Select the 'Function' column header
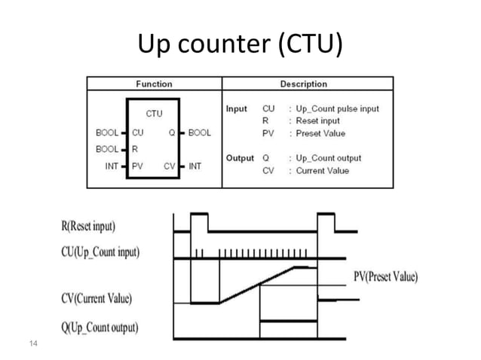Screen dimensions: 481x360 click(154, 84)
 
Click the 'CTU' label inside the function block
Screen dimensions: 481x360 click(154, 114)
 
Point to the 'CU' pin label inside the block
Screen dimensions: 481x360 click(137, 133)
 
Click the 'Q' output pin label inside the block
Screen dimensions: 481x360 click(173, 133)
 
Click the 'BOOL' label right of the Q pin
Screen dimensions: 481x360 click(200, 133)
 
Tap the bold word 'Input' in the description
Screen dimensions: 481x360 click(237, 108)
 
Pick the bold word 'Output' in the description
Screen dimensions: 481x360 click(240, 158)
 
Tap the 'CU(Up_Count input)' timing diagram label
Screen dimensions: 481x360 click(100, 252)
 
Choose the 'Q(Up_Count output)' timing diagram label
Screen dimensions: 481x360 click(100, 328)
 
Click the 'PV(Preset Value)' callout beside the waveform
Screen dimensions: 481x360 click(385, 276)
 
